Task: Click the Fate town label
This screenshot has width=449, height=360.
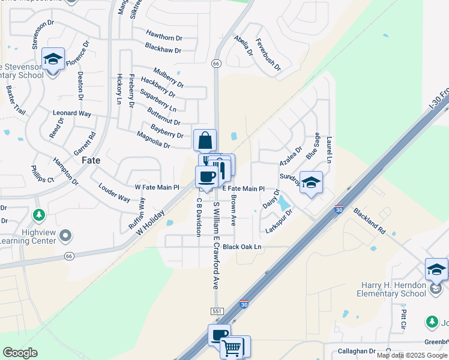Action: (91, 161)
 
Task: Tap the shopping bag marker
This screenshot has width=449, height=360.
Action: (205, 140)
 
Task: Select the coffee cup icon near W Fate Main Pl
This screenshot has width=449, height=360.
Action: (206, 177)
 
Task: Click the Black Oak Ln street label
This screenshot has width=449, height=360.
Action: (242, 247)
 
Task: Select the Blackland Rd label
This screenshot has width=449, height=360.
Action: (369, 220)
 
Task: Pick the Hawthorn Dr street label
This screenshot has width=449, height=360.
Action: (163, 37)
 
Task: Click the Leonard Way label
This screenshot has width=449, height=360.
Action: (72, 113)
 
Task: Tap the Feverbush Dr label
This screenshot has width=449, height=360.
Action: (268, 55)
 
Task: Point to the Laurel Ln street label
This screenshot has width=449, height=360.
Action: (329, 149)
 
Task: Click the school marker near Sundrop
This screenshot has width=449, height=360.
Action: (311, 183)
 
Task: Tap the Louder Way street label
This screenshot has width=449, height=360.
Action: (114, 193)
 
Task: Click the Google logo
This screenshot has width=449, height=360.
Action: (20, 353)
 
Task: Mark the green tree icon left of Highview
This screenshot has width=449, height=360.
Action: (39, 214)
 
